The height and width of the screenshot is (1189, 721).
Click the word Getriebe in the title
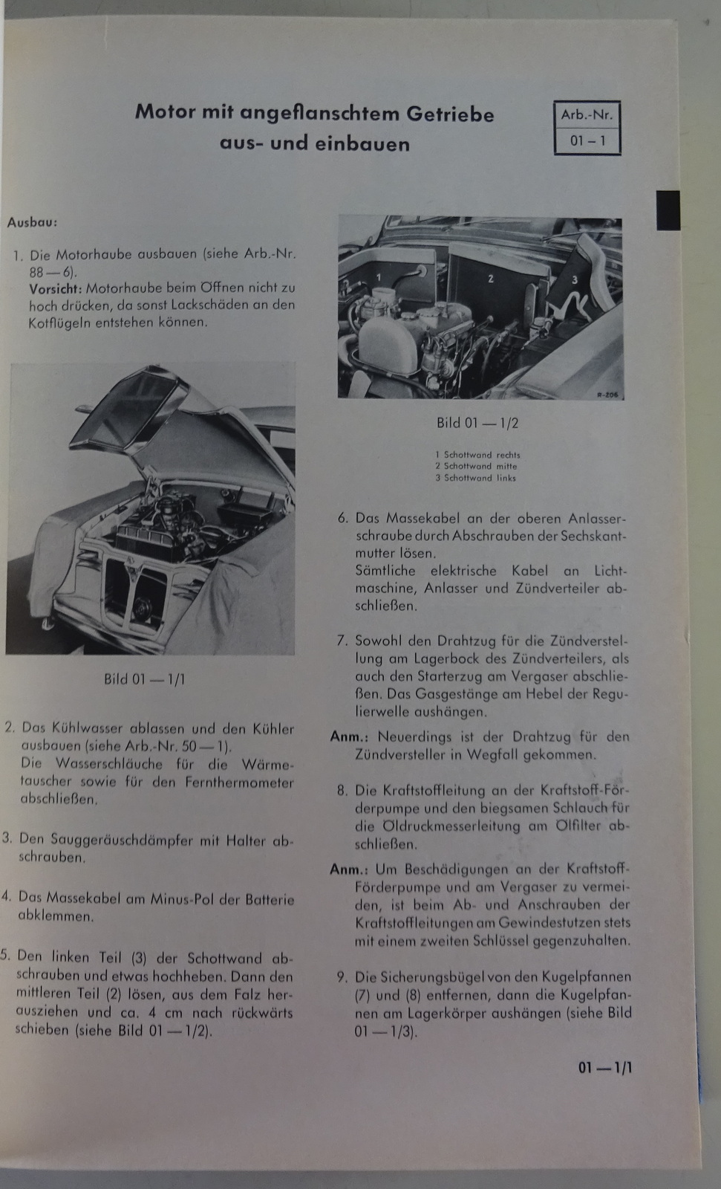coord(449,114)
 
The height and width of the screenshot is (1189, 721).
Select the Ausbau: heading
coord(32,221)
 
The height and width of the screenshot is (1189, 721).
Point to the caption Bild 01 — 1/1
coord(144,678)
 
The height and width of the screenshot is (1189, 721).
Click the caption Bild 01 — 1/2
coord(477,422)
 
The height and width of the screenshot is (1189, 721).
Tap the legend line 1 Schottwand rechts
coord(477,455)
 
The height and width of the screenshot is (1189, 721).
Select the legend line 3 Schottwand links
coord(475,478)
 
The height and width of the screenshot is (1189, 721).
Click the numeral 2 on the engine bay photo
coord(490,279)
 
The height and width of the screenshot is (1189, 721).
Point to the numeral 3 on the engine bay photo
coord(575,279)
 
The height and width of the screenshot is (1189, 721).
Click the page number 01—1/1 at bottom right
coord(605,1067)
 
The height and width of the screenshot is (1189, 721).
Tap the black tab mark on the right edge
coord(668,209)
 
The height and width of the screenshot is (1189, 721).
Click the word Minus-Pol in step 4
coord(183,899)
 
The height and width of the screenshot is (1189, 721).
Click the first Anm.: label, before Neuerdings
coord(349,737)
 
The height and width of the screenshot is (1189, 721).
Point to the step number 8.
coord(342,790)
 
